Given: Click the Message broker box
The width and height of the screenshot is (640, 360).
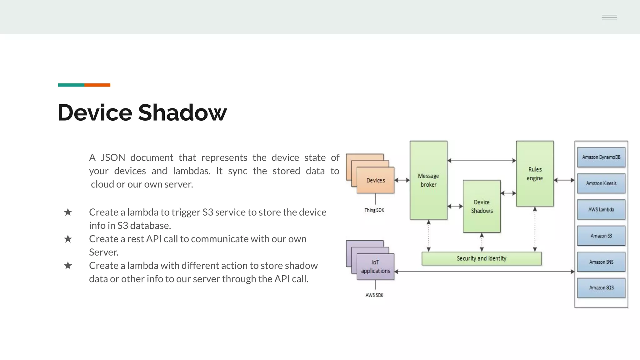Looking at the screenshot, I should (428, 180).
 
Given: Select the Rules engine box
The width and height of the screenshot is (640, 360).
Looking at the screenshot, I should (535, 174).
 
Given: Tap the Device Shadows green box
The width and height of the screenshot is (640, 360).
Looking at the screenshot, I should (482, 207).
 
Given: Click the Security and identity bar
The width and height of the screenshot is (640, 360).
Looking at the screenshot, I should (481, 258).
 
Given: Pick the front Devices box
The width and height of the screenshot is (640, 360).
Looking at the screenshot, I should (375, 180).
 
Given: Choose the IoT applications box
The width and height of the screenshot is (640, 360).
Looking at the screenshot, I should (375, 267).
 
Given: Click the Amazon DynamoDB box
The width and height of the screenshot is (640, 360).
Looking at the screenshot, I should (601, 157).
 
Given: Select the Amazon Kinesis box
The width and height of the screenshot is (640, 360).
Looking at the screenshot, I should (601, 183).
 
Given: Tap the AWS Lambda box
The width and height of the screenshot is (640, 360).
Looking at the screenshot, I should (601, 210).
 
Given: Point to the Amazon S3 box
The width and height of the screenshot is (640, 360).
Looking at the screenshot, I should (601, 236).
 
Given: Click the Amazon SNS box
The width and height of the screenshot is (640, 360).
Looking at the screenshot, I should (601, 262).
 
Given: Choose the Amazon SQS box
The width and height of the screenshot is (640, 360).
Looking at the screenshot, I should (601, 288).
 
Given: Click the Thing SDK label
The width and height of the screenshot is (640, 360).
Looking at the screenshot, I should (374, 210).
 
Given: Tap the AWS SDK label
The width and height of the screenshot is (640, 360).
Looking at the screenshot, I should (374, 295).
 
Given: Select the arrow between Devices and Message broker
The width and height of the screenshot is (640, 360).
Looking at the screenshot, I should (402, 180).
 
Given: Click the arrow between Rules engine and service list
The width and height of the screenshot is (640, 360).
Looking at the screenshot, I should (564, 180).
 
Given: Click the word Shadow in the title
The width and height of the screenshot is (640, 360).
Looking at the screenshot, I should (182, 112).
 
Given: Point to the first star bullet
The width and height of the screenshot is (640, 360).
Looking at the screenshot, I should (68, 212).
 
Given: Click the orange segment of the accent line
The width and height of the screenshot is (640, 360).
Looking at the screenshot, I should (97, 85).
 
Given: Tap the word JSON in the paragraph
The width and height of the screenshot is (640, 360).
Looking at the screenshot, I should (113, 157).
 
